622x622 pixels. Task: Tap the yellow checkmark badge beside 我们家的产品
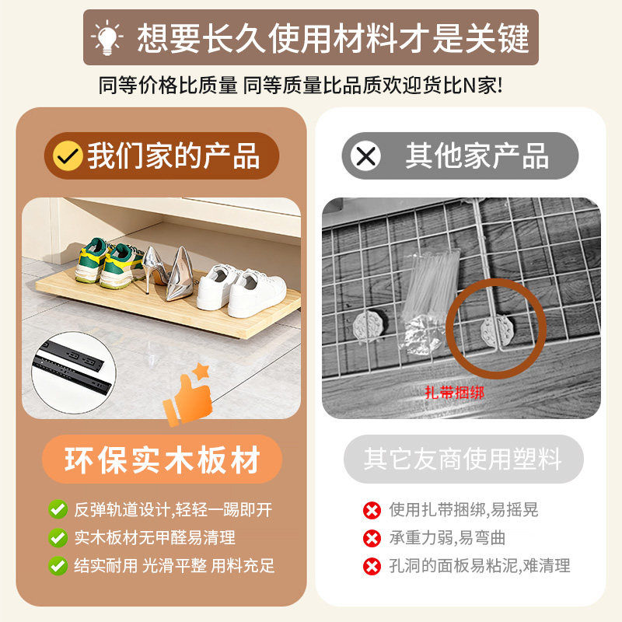(68, 155)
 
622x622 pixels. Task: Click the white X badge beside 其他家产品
(365, 156)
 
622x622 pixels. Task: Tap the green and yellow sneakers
(109, 260)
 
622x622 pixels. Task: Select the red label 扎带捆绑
(455, 393)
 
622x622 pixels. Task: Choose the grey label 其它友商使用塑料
(463, 459)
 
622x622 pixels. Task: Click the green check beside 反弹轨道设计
(57, 510)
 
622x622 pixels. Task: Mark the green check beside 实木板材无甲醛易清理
(57, 537)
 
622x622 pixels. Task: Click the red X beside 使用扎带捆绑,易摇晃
(372, 510)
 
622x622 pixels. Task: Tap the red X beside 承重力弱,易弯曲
(372, 538)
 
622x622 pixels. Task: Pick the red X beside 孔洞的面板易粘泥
(372, 566)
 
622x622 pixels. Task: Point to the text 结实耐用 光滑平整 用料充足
(174, 565)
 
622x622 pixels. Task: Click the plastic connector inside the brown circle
(494, 331)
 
